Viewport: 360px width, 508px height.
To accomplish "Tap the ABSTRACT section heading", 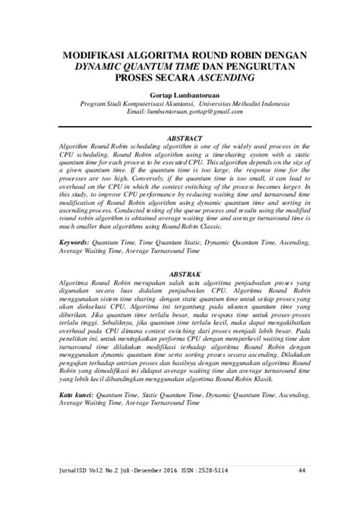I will [x=180, y=138].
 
